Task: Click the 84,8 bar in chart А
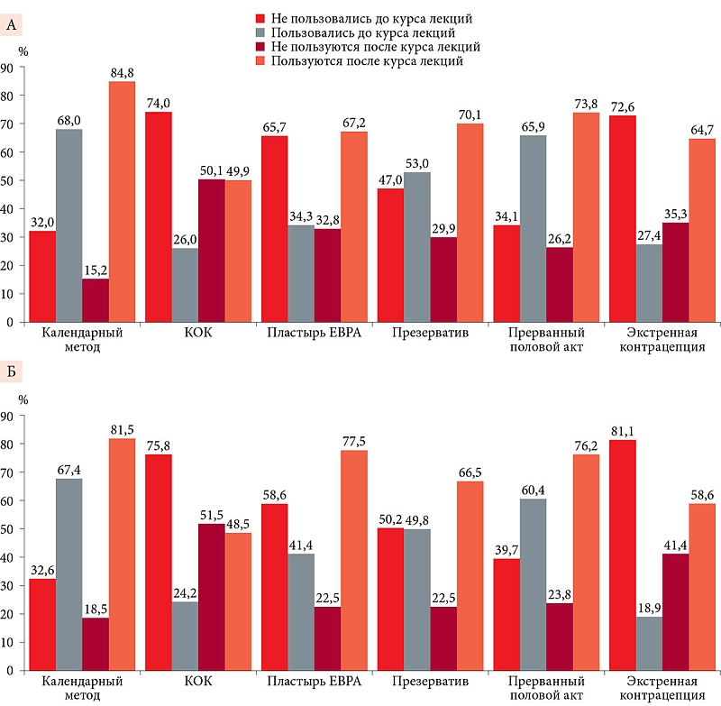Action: (122, 201)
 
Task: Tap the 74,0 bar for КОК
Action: (159, 216)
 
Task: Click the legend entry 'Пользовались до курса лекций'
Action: (360, 32)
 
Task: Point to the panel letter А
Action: (11, 25)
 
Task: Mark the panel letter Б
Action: (11, 371)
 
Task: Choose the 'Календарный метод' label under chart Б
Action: (83, 690)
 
